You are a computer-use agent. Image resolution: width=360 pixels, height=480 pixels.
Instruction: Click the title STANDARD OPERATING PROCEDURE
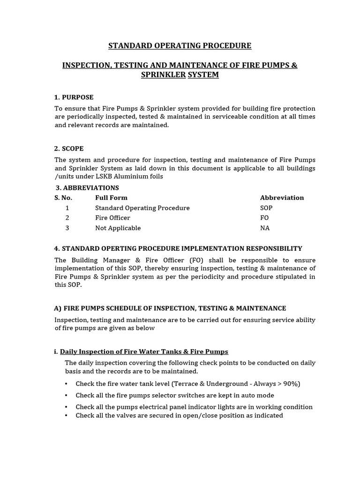coord(180,45)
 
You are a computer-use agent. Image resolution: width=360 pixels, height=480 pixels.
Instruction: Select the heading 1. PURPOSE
coord(74,97)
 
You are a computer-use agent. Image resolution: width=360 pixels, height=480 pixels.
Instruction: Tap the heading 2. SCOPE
coord(69,149)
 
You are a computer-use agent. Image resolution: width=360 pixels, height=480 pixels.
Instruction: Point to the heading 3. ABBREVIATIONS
coord(87,187)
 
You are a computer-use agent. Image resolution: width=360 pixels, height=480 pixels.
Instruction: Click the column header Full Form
coord(111,198)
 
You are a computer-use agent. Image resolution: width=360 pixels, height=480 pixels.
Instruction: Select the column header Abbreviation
coord(282,198)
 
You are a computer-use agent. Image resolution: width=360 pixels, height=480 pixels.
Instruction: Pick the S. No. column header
coord(63,198)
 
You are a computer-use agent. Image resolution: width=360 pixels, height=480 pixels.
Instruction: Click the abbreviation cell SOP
coord(266,208)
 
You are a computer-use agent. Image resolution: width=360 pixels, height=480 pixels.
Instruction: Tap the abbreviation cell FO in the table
coord(264,218)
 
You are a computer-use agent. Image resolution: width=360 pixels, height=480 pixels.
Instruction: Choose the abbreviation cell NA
coord(265,228)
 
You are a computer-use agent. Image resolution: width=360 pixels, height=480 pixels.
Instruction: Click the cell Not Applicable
coord(118,228)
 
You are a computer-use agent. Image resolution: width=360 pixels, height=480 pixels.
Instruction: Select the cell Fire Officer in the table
coord(112,218)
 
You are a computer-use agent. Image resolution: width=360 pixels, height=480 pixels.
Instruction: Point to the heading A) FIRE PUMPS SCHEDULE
coord(170,308)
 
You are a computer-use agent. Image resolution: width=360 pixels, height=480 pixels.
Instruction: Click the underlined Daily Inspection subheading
coord(144,352)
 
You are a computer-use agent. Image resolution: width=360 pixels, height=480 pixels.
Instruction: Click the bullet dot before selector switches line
coord(66,396)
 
